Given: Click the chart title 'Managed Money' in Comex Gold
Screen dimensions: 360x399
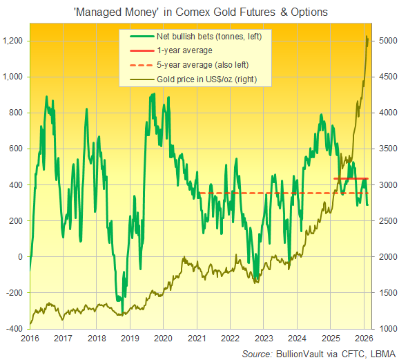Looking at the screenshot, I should (x=200, y=11).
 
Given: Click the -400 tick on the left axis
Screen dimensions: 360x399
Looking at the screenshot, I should (x=14, y=328).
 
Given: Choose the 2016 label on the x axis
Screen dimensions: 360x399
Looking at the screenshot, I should (x=30, y=339).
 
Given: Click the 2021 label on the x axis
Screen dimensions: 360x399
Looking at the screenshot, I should (x=196, y=339).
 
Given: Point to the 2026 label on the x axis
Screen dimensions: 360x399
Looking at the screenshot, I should (x=362, y=339).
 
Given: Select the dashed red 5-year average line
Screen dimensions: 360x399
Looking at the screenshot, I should (x=276, y=193).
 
